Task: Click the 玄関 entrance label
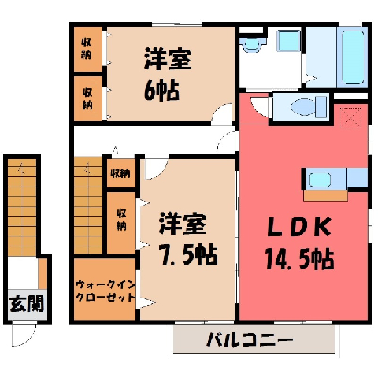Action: click(27, 304)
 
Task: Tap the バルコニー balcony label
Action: click(250, 340)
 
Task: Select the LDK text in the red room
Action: click(299, 228)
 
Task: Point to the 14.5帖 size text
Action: click(299, 259)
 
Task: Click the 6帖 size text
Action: click(161, 91)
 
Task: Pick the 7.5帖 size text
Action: click(188, 254)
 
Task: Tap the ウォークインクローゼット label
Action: click(106, 291)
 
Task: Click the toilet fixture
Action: click(309, 107)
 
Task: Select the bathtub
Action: click(353, 57)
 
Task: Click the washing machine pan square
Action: click(289, 41)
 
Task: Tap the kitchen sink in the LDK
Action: click(320, 180)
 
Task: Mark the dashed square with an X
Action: click(351, 118)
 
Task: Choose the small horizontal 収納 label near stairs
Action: click(120, 173)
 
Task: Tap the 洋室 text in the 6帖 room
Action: click(168, 59)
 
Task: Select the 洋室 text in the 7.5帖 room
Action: click(183, 224)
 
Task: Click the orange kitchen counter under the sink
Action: click(325, 195)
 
